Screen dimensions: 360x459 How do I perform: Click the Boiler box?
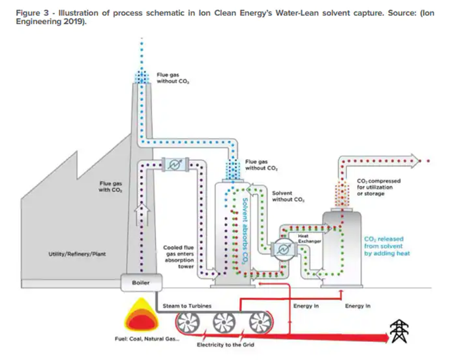(140, 283)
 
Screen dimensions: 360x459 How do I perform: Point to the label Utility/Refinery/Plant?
(77, 254)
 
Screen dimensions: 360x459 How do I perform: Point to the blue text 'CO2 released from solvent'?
(386, 246)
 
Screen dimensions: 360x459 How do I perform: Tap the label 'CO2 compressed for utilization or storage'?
(378, 187)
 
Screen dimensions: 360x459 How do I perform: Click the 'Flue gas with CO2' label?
(110, 186)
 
